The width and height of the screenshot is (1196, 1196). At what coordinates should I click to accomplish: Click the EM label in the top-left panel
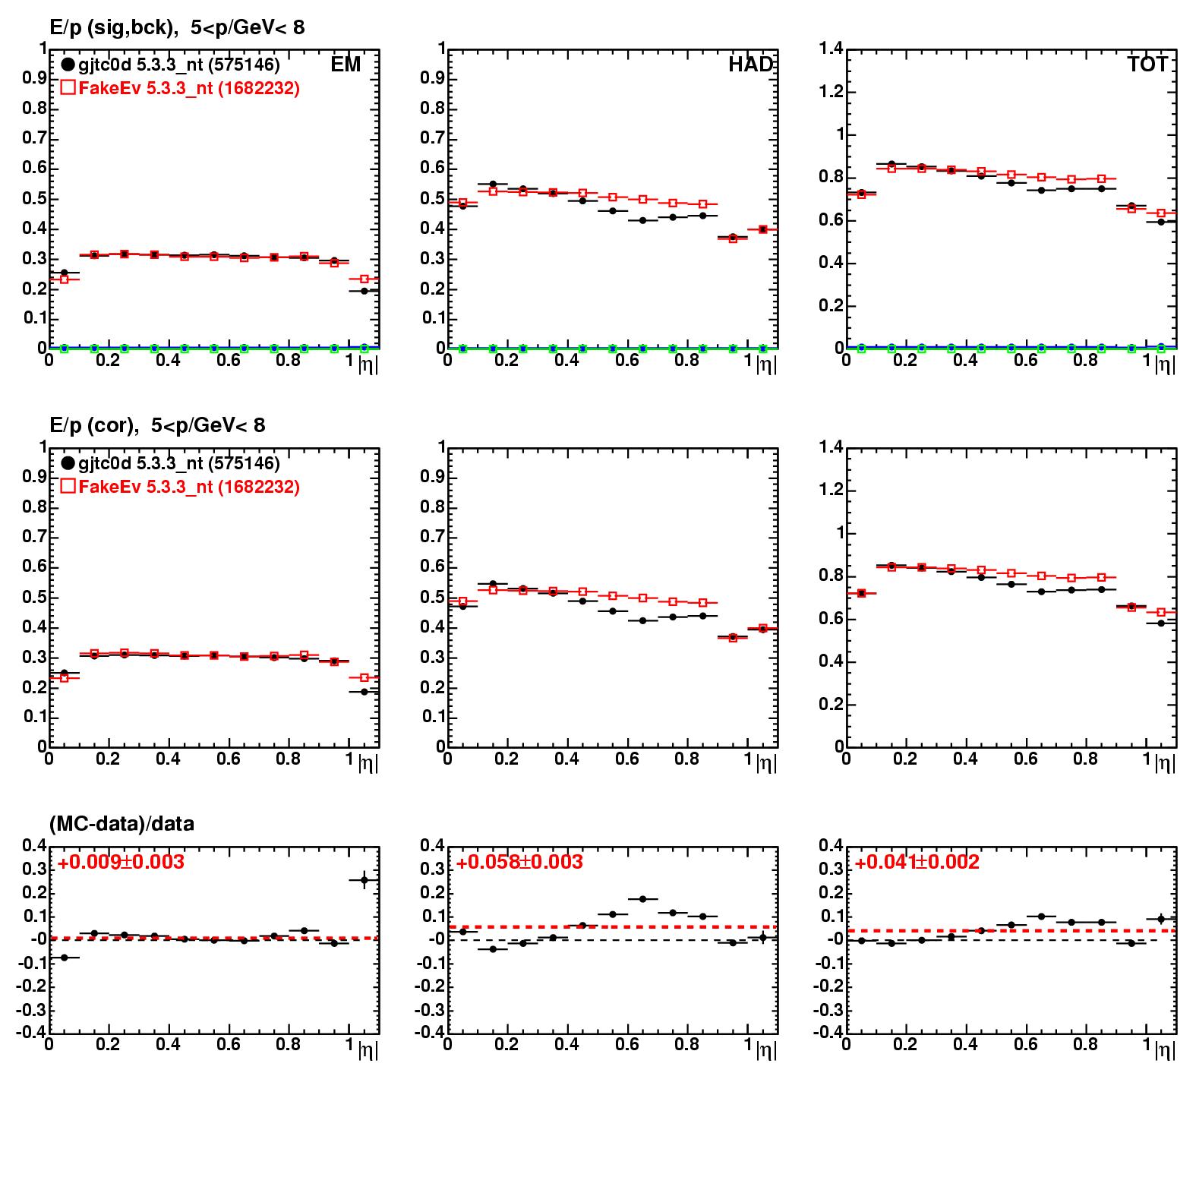point(346,65)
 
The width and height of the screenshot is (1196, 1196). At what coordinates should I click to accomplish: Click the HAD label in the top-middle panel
point(750,65)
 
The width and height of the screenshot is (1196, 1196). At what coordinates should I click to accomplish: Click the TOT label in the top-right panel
point(1147,65)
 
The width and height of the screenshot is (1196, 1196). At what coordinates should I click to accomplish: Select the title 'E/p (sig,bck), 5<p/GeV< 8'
point(177,28)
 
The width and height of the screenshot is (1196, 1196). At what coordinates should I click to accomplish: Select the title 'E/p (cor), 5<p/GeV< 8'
point(157,425)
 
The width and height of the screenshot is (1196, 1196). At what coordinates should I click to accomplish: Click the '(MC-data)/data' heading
point(121,824)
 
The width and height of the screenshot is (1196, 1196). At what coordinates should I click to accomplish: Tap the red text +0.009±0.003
point(121,862)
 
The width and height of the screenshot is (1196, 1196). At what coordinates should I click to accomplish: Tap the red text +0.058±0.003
point(519,862)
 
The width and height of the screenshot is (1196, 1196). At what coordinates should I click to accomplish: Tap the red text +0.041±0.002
point(917,862)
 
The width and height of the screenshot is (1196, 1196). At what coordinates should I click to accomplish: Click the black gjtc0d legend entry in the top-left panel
point(171,65)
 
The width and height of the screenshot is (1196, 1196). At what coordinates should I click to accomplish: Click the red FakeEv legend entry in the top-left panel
point(180,88)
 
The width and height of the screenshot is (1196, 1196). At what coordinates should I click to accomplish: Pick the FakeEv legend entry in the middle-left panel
point(180,486)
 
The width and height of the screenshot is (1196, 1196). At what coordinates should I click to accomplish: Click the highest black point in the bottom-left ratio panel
point(364,880)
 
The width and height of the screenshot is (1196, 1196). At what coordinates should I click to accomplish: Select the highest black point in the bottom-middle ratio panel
point(642,899)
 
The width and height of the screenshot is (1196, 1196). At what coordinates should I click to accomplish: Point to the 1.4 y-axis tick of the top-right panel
point(832,49)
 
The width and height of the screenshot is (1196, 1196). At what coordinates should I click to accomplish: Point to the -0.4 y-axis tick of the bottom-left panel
point(33,1033)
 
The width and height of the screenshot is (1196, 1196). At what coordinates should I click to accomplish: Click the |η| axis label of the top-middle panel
point(766,364)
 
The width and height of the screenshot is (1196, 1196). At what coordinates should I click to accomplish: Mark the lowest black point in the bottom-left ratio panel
point(65,958)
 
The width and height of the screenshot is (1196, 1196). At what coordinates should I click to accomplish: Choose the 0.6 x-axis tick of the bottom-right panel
point(1025,1044)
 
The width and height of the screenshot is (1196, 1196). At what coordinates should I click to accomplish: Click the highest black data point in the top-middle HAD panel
point(493,184)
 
